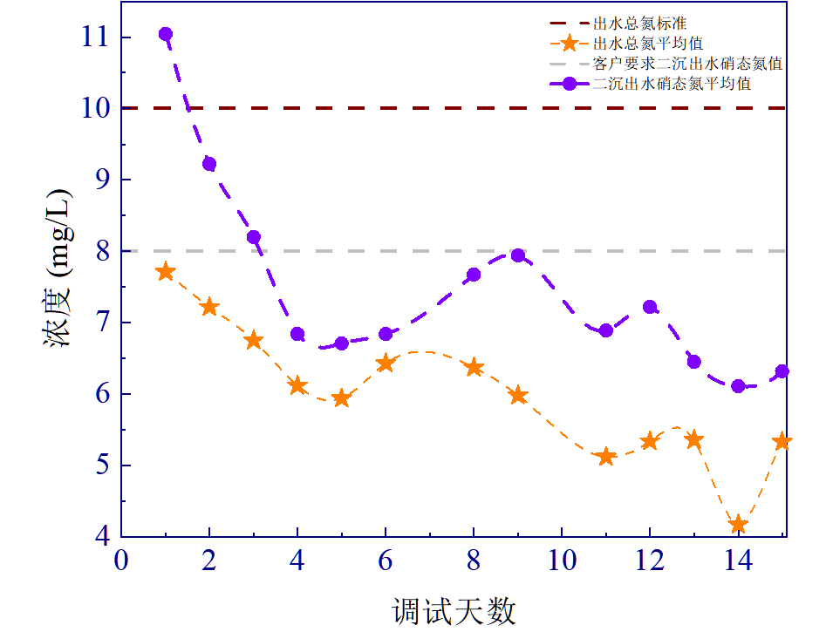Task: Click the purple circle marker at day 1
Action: (x=166, y=34)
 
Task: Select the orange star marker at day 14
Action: (x=738, y=524)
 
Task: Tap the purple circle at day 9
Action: (x=518, y=255)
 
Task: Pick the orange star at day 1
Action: (x=166, y=272)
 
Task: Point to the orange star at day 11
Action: (x=606, y=457)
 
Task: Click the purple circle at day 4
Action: (x=297, y=334)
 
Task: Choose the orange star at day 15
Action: (x=782, y=441)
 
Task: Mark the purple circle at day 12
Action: (x=650, y=307)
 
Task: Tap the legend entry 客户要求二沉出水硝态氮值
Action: (x=686, y=64)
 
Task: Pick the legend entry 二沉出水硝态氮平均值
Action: (x=672, y=85)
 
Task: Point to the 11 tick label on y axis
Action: (x=96, y=37)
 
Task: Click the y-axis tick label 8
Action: (x=101, y=251)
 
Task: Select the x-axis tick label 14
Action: (x=737, y=561)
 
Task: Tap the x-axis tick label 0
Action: (x=122, y=561)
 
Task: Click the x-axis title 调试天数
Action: (x=454, y=609)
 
